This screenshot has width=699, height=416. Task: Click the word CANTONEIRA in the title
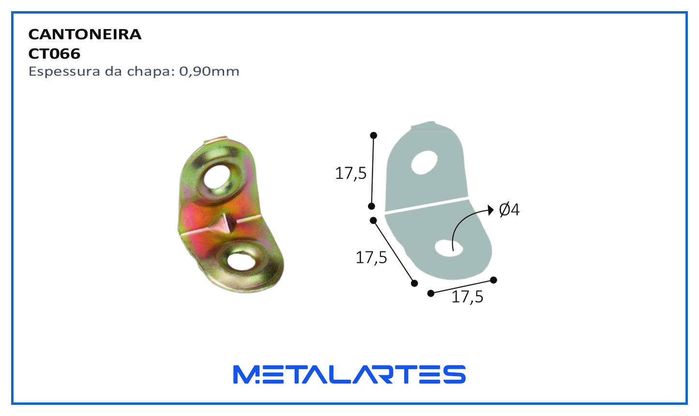(x=85, y=34)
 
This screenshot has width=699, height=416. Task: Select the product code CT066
(x=54, y=54)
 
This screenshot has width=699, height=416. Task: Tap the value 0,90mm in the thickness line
(x=209, y=72)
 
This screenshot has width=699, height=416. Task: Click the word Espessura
(x=65, y=72)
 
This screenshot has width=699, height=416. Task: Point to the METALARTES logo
(x=349, y=374)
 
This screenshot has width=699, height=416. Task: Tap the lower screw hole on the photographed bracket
(x=241, y=262)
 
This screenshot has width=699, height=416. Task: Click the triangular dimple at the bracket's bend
(x=224, y=224)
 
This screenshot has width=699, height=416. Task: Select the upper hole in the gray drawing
(x=424, y=162)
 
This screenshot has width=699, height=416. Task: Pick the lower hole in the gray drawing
(x=449, y=248)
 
